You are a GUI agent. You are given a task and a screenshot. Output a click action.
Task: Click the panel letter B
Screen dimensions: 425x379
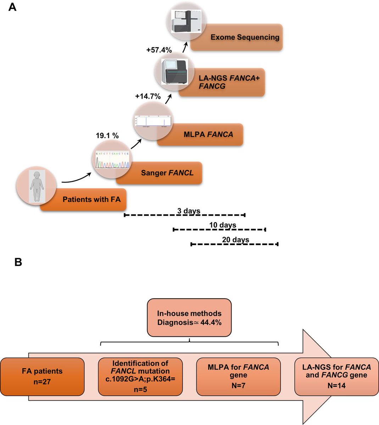click(18, 262)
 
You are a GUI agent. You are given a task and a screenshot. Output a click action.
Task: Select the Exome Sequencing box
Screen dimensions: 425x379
click(245, 37)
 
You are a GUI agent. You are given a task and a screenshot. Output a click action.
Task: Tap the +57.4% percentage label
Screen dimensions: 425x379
click(159, 50)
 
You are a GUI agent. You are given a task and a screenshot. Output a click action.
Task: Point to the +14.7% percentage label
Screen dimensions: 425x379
click(148, 96)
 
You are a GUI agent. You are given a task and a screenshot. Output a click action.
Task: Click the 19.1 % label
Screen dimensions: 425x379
click(107, 135)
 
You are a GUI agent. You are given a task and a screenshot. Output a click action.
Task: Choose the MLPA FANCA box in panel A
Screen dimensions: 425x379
click(208, 135)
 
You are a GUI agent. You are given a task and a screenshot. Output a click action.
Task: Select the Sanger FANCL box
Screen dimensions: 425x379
click(167, 173)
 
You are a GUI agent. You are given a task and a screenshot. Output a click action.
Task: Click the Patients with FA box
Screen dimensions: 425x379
click(91, 199)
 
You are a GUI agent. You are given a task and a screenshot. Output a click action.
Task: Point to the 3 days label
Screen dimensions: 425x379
click(189, 211)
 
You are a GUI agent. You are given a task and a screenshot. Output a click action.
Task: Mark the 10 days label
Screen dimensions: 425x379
click(223, 225)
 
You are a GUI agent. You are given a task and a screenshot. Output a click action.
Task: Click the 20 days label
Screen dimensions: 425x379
click(235, 240)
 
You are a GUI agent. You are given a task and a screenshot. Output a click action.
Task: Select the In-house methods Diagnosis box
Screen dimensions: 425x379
click(189, 317)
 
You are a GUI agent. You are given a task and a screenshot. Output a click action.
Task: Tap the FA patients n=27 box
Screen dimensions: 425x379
click(42, 376)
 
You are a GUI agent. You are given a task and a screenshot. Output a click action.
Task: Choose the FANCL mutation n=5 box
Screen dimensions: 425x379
click(140, 376)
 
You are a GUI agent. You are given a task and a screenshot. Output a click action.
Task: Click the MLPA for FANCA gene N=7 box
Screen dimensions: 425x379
click(238, 376)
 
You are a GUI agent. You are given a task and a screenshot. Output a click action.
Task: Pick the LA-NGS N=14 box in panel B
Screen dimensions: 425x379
click(336, 376)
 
